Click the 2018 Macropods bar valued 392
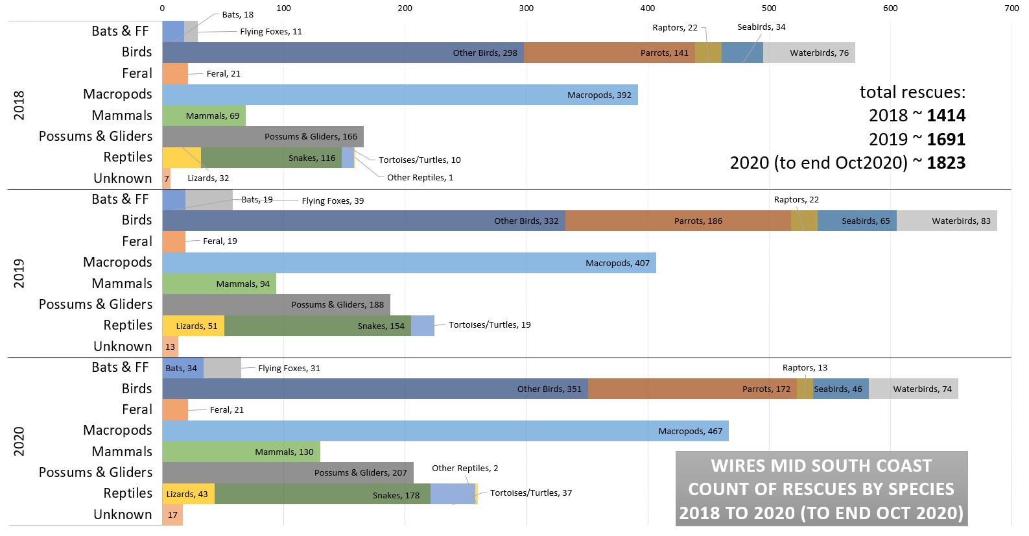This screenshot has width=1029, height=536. pyautogui.click(x=400, y=95)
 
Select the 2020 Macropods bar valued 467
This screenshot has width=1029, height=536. pyautogui.click(x=445, y=431)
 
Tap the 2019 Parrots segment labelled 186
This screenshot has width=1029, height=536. pyautogui.click(x=678, y=221)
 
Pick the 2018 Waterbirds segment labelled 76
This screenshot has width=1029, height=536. pyautogui.click(x=809, y=53)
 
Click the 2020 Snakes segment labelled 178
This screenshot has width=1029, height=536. pyautogui.click(x=322, y=494)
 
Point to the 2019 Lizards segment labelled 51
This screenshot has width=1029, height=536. pyautogui.click(x=193, y=326)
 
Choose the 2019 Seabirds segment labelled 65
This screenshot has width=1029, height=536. pyautogui.click(x=857, y=221)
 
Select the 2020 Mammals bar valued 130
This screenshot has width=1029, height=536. pyautogui.click(x=241, y=452)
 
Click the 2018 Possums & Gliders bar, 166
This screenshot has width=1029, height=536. pyautogui.click(x=263, y=136)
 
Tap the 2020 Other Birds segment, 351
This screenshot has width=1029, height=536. pyautogui.click(x=375, y=389)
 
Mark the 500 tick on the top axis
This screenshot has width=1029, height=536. pyautogui.click(x=769, y=8)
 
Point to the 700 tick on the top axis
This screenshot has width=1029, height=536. pyautogui.click(x=1011, y=8)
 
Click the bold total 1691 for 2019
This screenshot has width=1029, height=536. pyautogui.click(x=946, y=140)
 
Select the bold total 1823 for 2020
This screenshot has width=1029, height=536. pyautogui.click(x=946, y=163)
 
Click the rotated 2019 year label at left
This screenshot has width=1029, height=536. pyautogui.click(x=19, y=273)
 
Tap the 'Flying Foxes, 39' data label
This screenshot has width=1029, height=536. pyautogui.click(x=333, y=201)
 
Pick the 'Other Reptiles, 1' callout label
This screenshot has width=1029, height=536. pyautogui.click(x=420, y=177)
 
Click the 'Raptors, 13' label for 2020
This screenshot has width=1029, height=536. pyautogui.click(x=805, y=367)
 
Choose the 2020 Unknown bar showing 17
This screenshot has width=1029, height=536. pyautogui.click(x=172, y=515)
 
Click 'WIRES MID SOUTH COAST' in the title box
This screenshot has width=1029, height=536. pyautogui.click(x=821, y=466)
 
